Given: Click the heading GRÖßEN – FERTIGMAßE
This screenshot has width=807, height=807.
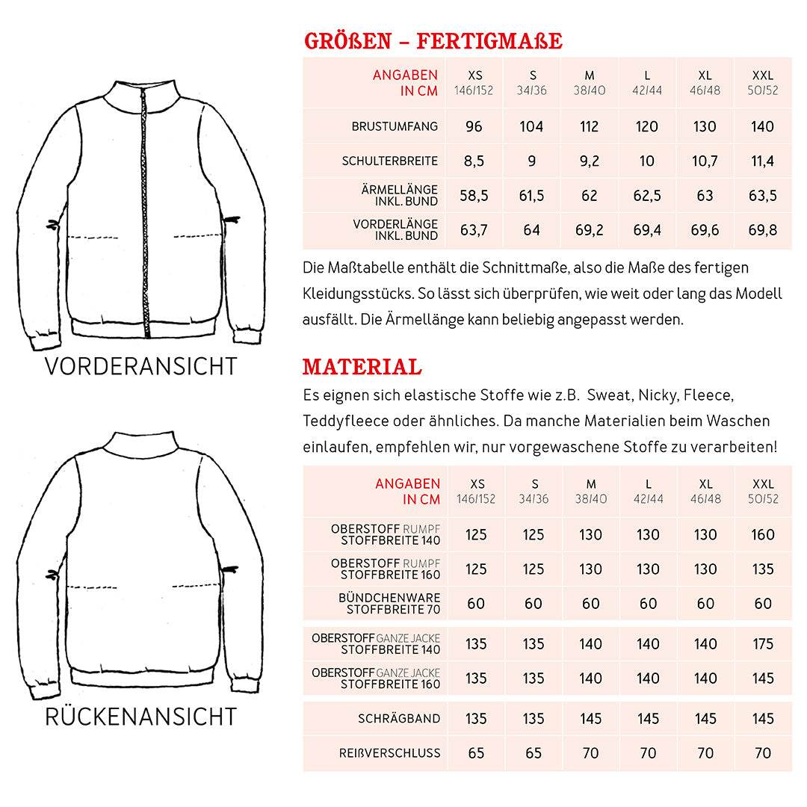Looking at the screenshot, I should tap(433, 40).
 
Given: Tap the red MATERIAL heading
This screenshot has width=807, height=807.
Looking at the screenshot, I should tap(362, 367).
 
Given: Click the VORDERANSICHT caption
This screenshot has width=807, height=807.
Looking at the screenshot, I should tap(140, 366).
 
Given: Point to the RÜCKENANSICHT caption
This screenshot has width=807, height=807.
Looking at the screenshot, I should tap(140, 716).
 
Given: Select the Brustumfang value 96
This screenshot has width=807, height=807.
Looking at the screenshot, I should tap(474, 126).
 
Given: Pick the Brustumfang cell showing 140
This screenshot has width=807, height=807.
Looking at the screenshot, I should tap(762, 126).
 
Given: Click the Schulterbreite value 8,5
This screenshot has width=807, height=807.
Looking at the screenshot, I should tap(474, 161).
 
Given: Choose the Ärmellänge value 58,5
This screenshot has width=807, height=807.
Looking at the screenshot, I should tap(474, 196).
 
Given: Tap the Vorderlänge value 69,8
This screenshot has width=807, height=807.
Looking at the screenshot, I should tap(762, 230).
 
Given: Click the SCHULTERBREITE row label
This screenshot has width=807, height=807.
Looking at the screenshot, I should tap(389, 161).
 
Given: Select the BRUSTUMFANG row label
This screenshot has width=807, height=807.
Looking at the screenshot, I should tap(395, 126).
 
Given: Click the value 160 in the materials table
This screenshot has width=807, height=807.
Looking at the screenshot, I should tap(763, 534).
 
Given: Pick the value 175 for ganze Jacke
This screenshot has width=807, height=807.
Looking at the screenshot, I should tap(763, 643).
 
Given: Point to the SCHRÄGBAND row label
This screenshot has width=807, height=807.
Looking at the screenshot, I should tap(399, 718).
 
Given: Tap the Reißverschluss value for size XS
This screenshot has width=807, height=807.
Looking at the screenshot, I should tap(476, 752).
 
